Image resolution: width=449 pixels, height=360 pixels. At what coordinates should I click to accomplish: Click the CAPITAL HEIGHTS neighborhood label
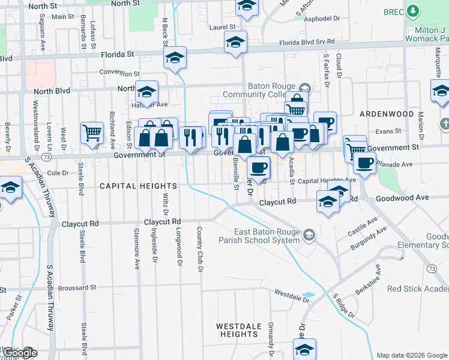pos(138,186)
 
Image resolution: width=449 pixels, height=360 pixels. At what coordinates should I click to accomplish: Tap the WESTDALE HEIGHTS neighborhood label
pos(239,330)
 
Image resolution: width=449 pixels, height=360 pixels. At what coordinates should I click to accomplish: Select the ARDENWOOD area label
pos(387,114)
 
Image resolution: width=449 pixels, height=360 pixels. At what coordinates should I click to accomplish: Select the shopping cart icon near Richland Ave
pos(91,133)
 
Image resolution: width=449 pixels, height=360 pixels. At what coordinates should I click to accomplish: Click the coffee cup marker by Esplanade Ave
pos(365,162)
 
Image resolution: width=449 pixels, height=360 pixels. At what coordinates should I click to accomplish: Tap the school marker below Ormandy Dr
pos(304,349)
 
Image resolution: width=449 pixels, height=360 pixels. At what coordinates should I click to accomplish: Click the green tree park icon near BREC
pos(412,11)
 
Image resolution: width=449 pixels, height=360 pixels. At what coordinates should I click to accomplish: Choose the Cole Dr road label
pos(58,172)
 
